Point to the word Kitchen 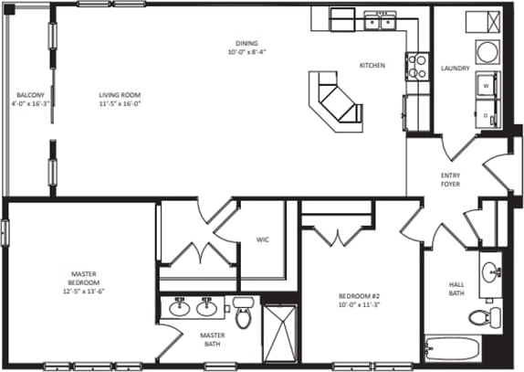[x=372, y=66]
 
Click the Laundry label [x=454, y=69]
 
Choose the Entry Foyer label [x=450, y=179]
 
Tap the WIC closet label [x=262, y=240]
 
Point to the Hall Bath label [x=456, y=288]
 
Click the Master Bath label [x=213, y=339]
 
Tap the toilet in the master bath [x=243, y=314]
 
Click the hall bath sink [x=491, y=271]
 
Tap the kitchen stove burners [x=416, y=65]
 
